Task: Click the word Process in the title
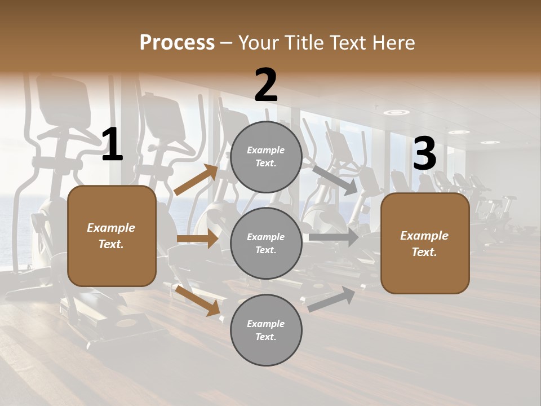tap(177, 42)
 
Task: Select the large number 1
tap(112, 145)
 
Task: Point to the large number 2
tap(266, 85)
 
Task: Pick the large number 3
tap(424, 155)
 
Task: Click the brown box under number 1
tap(112, 236)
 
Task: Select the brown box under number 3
tap(425, 243)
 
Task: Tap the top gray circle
tap(266, 157)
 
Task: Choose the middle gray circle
tap(266, 243)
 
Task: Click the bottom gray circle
tap(266, 330)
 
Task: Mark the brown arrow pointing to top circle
tap(196, 180)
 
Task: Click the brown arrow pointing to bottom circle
tap(197, 300)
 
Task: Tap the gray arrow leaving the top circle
tap(335, 180)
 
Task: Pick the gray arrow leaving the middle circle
tap(334, 237)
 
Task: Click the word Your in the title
tap(258, 42)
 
